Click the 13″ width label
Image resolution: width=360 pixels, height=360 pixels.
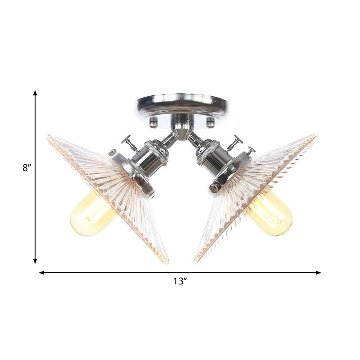pyautogui.click(x=180, y=282)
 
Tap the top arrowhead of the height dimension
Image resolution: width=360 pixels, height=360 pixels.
pyautogui.click(x=35, y=93)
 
